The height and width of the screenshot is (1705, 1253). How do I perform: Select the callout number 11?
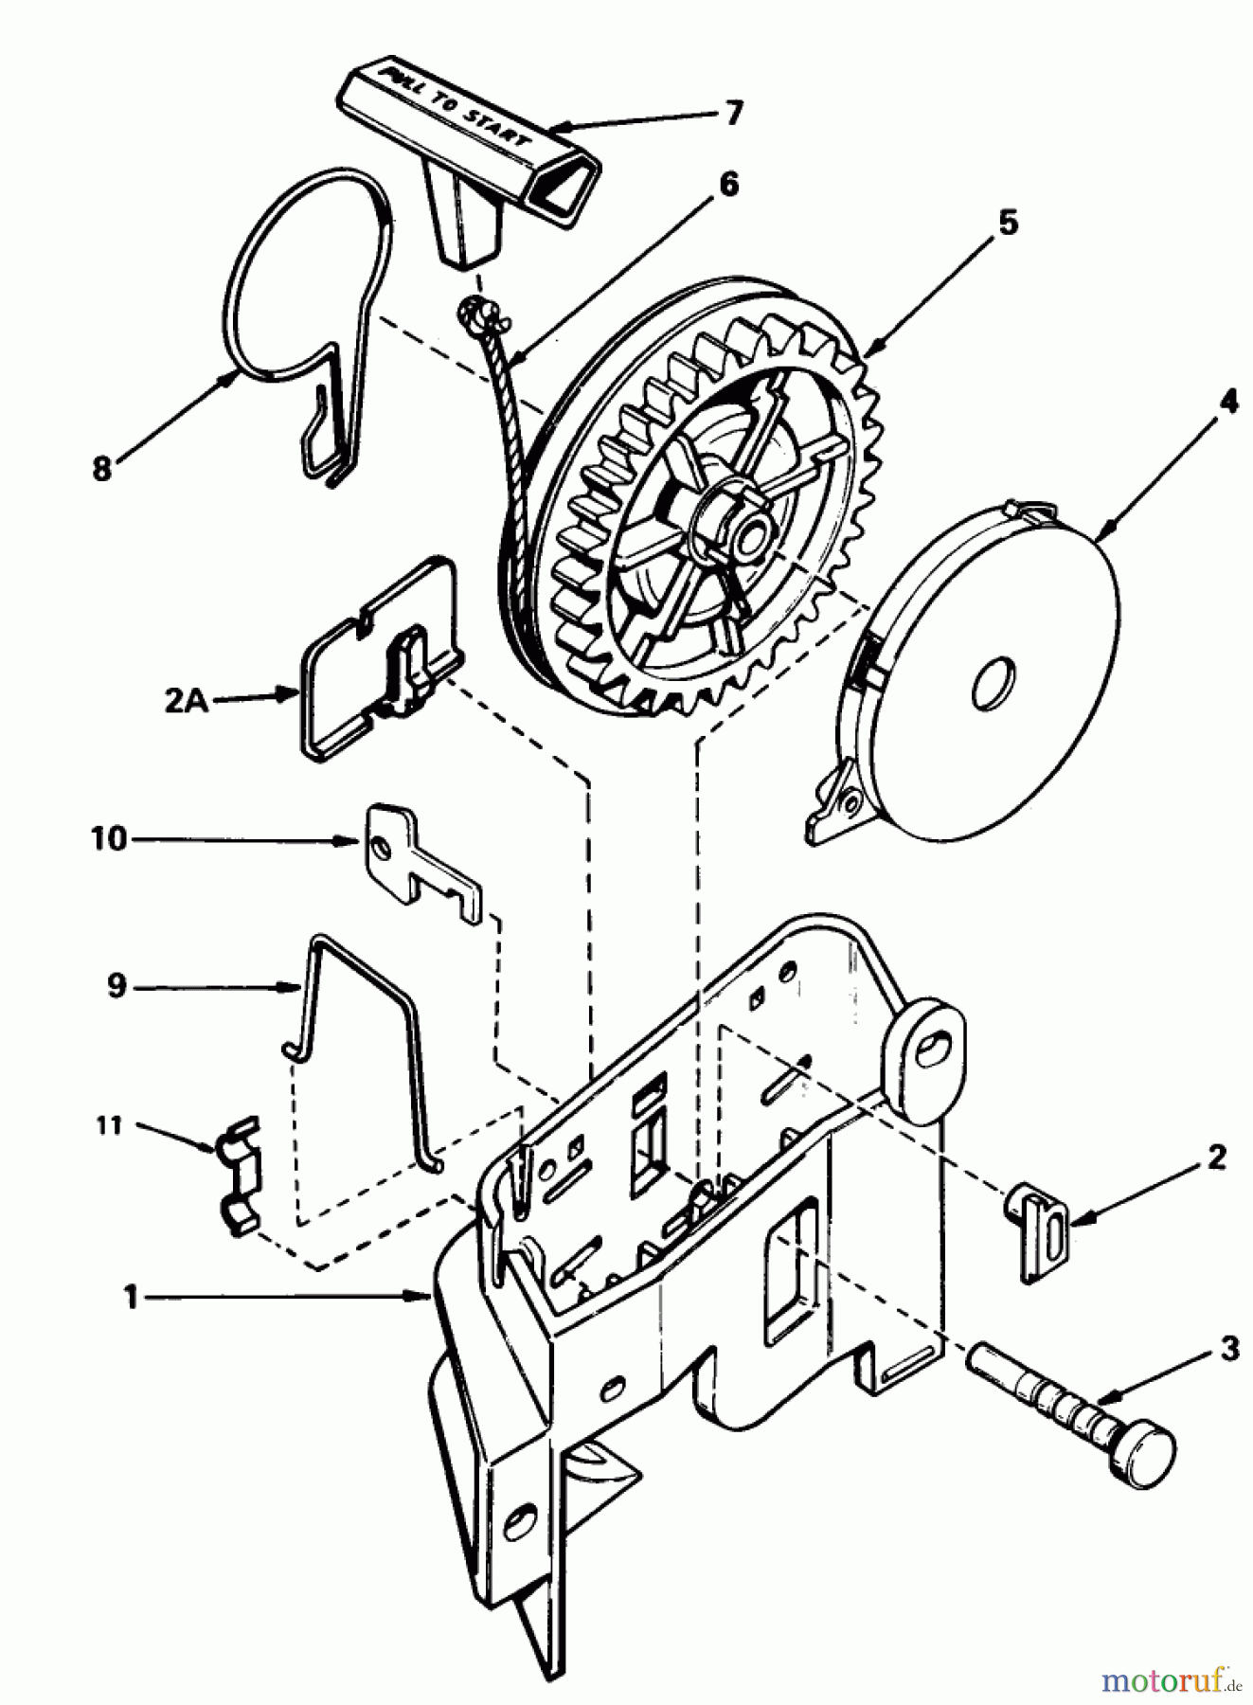110,1125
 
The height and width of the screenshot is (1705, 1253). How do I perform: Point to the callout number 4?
1227,403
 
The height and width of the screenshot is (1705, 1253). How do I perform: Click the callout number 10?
109,839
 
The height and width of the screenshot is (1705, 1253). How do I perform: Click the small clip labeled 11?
239,1175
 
